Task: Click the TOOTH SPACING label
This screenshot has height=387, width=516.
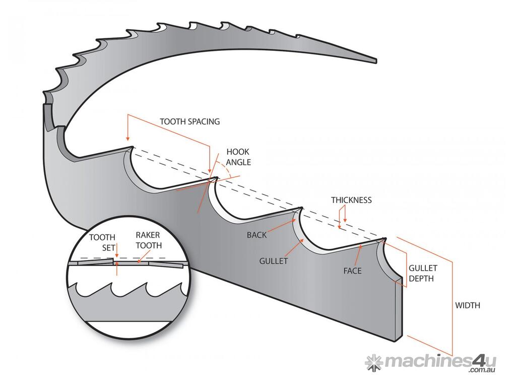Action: click(189, 121)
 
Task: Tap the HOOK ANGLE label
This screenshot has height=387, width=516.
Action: click(238, 157)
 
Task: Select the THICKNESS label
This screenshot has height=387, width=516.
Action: click(351, 200)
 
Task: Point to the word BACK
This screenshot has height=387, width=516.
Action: click(256, 235)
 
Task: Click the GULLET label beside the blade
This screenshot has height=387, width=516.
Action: click(273, 261)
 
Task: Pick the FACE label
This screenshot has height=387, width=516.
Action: click(353, 271)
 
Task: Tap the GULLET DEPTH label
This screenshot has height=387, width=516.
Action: click(423, 273)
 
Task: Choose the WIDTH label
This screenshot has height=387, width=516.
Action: click(467, 305)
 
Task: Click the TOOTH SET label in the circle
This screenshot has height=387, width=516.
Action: click(102, 242)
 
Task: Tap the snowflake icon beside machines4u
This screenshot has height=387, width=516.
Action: click(373, 362)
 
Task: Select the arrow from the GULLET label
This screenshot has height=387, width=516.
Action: click(295, 248)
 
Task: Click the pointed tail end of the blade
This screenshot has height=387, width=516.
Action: click(375, 60)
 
